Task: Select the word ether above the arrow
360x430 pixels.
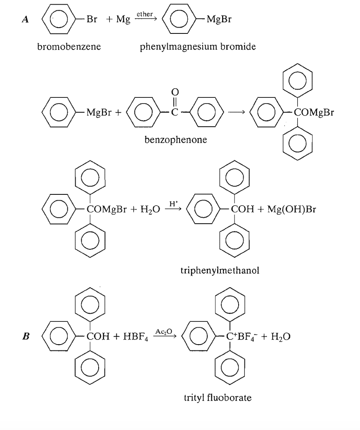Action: coord(144,14)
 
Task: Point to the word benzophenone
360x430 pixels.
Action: coord(176,140)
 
